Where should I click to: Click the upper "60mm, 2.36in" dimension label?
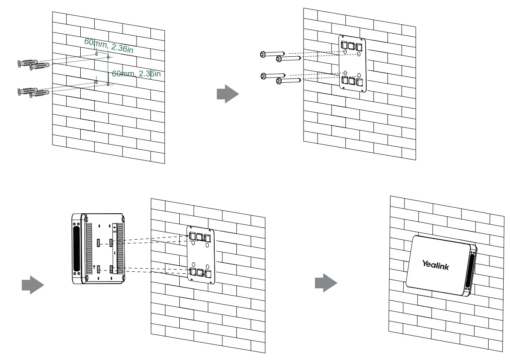click(108, 45)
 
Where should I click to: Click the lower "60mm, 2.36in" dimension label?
click(136, 73)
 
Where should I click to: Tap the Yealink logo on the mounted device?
click(435, 265)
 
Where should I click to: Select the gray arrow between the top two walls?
click(227, 94)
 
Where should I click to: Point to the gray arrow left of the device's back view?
click(33, 285)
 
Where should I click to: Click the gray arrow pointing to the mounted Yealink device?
click(326, 283)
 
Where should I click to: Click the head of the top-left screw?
click(263, 54)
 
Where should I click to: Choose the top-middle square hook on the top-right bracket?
click(352, 45)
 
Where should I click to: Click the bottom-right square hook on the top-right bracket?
click(360, 81)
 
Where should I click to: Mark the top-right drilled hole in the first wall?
click(108, 56)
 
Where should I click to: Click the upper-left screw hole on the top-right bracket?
click(345, 52)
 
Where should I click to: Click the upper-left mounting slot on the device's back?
click(98, 243)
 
